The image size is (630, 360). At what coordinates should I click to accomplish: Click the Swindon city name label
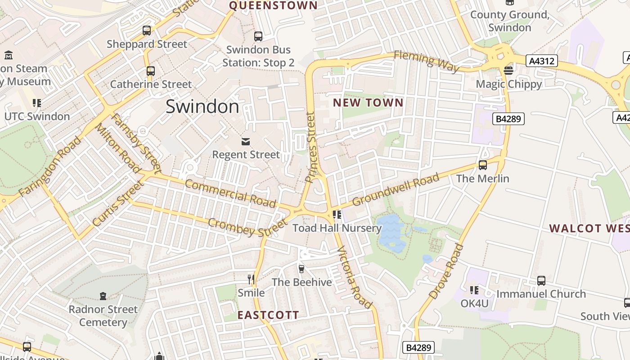[x=202, y=107]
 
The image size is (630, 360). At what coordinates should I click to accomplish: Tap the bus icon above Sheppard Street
[x=147, y=31]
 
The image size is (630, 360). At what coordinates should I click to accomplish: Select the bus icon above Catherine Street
[x=151, y=71]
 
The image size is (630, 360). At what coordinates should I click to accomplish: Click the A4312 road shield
[x=542, y=61]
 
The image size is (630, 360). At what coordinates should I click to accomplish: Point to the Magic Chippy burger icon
[x=508, y=70]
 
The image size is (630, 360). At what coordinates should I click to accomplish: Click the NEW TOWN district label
[x=368, y=103]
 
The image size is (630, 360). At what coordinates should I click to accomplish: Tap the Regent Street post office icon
[x=246, y=142]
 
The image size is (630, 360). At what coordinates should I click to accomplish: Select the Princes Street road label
[x=311, y=147]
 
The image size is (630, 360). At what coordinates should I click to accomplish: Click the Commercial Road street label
[x=230, y=193]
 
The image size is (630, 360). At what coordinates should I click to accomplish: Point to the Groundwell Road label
[x=396, y=189]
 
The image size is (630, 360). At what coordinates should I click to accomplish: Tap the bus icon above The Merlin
[x=483, y=165]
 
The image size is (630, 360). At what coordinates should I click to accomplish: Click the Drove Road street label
[x=446, y=271]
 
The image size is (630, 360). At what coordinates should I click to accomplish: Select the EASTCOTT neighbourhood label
[x=268, y=315]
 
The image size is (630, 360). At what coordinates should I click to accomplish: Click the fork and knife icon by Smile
[x=251, y=279]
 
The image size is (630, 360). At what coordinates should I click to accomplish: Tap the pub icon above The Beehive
[x=301, y=269]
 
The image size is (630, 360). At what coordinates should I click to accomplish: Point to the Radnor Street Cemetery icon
[x=103, y=296]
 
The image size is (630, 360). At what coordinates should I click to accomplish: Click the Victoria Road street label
[x=355, y=277]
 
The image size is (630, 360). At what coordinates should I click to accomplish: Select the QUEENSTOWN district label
[x=273, y=5]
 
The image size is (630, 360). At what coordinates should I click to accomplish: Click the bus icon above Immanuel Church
[x=541, y=280]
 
